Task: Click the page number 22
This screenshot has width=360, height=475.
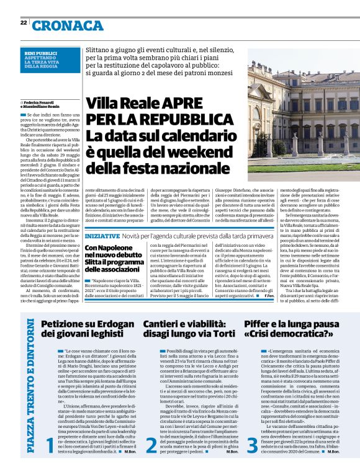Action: (x=23, y=22)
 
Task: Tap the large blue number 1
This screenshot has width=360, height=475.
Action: (x=50, y=443)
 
